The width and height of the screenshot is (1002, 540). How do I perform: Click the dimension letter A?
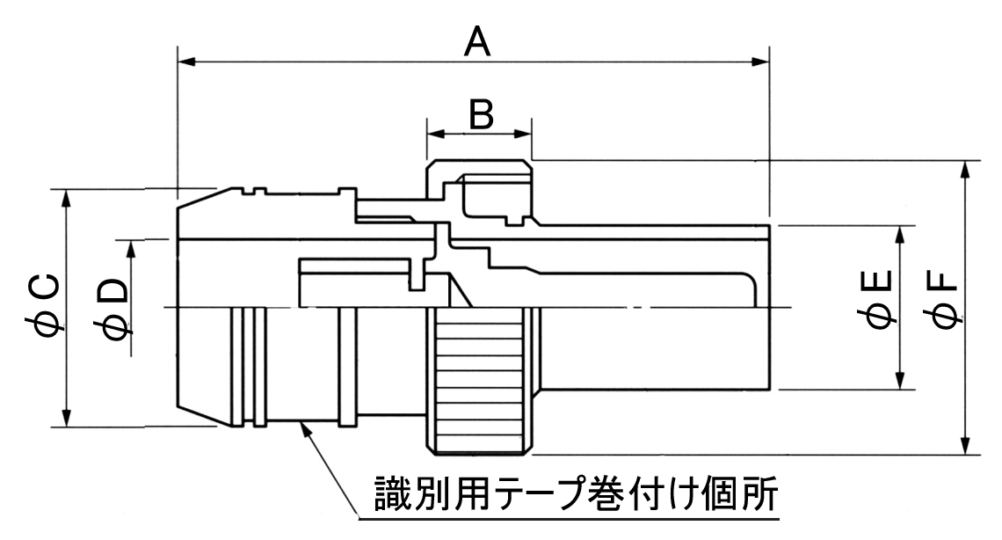click(477, 43)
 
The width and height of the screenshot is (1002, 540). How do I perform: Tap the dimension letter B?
click(481, 115)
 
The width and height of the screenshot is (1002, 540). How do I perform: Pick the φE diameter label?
click(880, 299)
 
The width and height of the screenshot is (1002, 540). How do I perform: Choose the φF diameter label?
click(943, 300)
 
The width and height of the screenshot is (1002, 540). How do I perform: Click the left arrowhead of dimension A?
click(186, 62)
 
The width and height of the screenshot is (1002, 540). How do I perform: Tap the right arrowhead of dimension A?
click(760, 62)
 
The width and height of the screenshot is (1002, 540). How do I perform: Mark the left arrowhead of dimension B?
click(436, 134)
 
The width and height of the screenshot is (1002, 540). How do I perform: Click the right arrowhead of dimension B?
click(523, 134)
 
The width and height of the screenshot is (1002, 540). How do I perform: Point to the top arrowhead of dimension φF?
click(965, 169)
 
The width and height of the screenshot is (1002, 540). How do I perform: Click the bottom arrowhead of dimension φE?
click(900, 380)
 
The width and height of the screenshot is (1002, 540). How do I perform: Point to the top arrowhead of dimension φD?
click(132, 249)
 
